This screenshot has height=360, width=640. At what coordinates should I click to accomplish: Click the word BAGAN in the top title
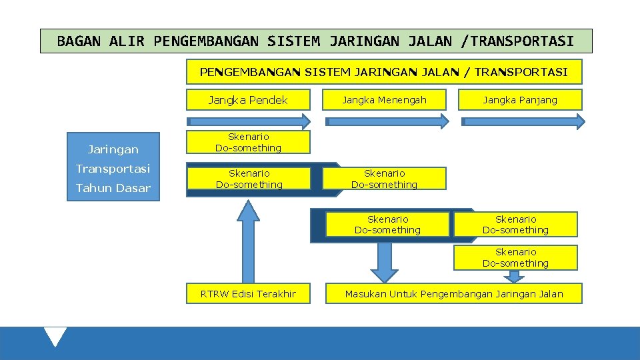tap(79, 41)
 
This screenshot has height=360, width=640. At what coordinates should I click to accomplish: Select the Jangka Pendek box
tap(248, 100)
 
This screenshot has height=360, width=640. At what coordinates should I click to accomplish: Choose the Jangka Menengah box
tap(384, 100)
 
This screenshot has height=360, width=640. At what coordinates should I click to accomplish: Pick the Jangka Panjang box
tap(520, 100)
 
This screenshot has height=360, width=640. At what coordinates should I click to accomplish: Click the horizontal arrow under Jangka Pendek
tap(248, 121)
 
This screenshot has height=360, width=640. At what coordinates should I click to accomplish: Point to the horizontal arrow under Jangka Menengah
tap(387, 121)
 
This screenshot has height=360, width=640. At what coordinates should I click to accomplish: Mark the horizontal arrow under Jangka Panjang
tap(523, 121)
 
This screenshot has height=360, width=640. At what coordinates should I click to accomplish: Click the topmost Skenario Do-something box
tap(248, 142)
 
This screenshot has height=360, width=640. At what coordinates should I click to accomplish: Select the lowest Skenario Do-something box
tap(515, 257)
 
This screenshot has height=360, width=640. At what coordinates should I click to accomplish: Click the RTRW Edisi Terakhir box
tap(248, 294)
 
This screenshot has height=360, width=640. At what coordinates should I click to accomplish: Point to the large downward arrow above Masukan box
tap(384, 261)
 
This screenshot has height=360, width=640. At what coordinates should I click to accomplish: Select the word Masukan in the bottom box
tap(365, 294)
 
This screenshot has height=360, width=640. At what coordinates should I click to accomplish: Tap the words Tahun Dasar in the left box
tap(113, 188)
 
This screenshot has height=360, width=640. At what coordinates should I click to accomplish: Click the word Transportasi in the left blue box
tap(113, 168)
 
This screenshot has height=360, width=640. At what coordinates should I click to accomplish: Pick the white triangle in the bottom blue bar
tap(55, 336)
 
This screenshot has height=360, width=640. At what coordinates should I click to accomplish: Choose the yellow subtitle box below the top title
tap(383, 72)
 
